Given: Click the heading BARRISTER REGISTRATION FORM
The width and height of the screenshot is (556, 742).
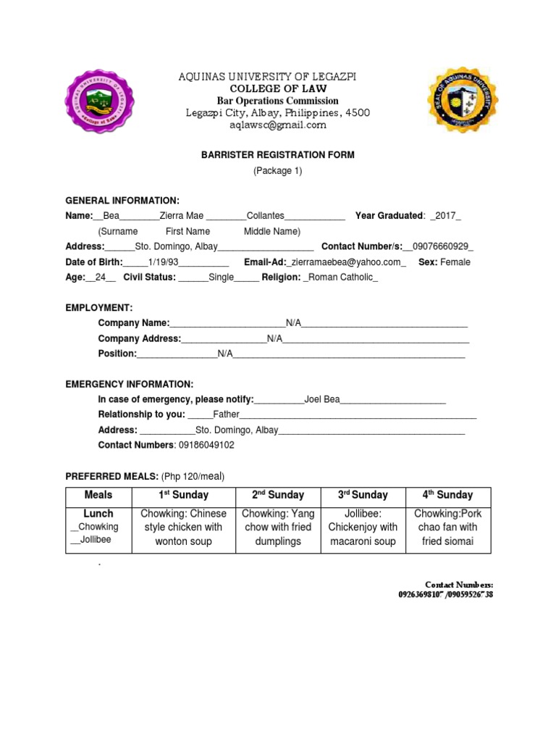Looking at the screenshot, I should [277, 155].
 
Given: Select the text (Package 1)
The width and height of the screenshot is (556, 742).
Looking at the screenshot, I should [277, 171].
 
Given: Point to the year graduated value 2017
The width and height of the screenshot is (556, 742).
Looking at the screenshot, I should [445, 216].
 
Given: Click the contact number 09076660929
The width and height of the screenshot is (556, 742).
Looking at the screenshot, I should [442, 246].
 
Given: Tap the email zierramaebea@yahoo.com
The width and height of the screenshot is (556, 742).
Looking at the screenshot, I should [347, 262].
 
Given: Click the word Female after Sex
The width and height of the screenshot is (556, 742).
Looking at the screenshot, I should [455, 262].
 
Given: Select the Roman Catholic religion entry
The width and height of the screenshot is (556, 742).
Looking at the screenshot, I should [340, 278].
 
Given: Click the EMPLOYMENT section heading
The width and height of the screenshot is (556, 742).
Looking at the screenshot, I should [99, 308].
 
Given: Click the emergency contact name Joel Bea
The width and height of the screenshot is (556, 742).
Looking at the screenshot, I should [322, 399].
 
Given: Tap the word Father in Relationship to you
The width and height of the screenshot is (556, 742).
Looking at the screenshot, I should [226, 414].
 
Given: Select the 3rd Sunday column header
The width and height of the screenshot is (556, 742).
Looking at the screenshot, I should [363, 496].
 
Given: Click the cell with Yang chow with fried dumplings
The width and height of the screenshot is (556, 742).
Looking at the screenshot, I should [277, 528].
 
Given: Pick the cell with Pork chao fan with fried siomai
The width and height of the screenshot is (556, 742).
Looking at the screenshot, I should [448, 528].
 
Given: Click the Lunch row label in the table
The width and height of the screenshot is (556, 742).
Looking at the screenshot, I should [98, 514].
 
